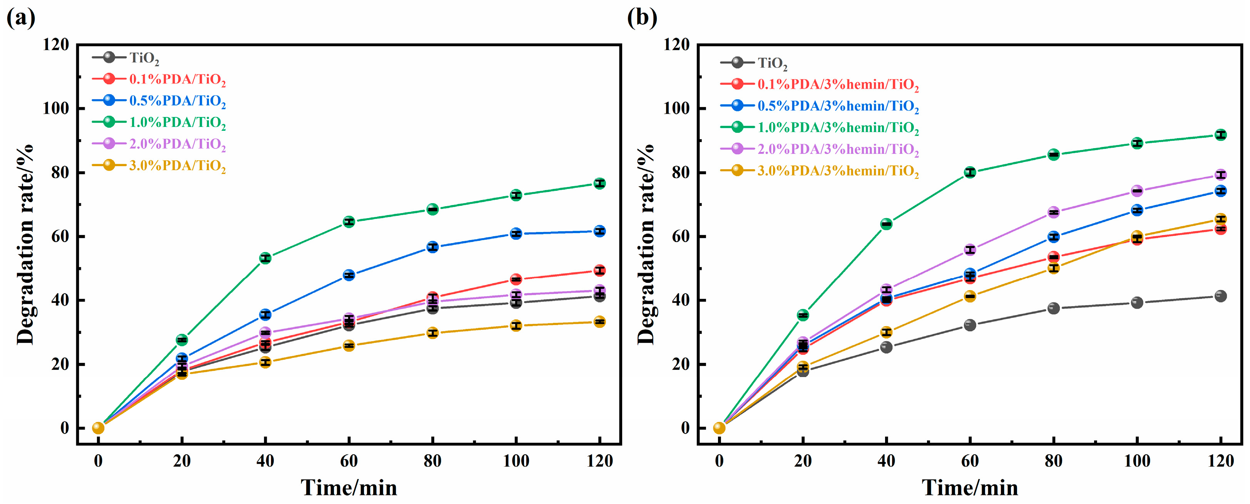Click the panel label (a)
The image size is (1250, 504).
click(x=21, y=18)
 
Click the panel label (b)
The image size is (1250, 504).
click(x=641, y=18)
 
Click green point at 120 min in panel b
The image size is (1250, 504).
click(x=1220, y=135)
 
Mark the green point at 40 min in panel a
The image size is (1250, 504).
click(x=265, y=258)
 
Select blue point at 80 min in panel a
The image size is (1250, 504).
click(x=432, y=247)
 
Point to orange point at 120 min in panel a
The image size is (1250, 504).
click(x=600, y=322)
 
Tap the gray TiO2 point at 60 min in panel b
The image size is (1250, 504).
click(x=969, y=325)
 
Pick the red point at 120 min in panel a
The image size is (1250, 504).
click(x=600, y=271)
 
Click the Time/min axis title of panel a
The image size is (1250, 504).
click(x=348, y=487)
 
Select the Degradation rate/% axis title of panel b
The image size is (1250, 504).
click(x=646, y=244)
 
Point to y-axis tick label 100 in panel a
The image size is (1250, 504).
click(x=56, y=108)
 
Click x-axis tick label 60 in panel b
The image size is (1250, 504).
click(x=969, y=461)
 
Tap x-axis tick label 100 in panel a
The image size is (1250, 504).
click(x=516, y=461)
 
